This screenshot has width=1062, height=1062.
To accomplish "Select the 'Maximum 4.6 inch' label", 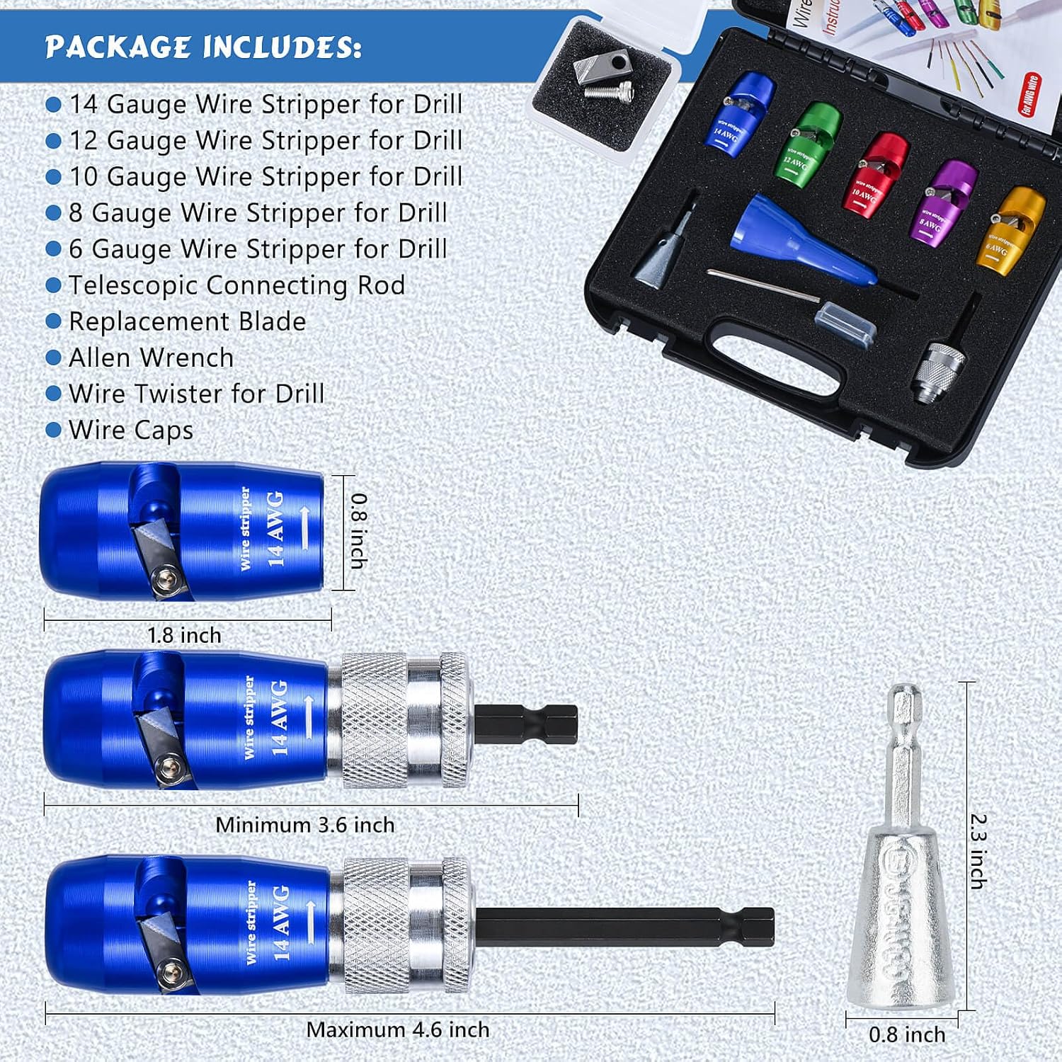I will point(397,1029).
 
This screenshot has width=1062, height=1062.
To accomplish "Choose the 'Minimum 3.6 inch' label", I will point(304,825).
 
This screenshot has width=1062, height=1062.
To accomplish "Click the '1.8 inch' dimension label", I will point(184,635).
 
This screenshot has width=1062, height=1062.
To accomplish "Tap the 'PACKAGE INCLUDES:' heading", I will point(203,47).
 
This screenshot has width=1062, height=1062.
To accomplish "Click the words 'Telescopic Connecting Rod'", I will point(236,285).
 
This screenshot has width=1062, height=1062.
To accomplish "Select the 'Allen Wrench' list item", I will point(151,358).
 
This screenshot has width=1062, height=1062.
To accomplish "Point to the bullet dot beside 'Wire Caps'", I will point(53,430).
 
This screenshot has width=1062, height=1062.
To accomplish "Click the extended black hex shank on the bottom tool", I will point(623,927).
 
